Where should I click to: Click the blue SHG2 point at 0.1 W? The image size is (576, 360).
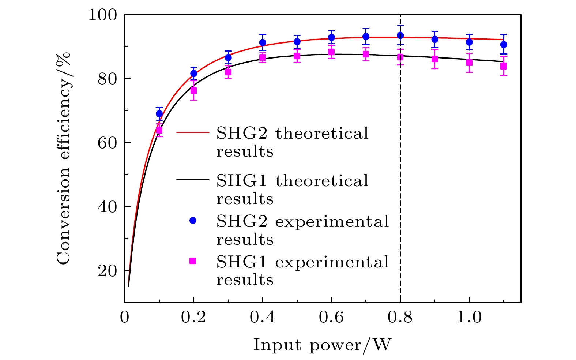[159, 114]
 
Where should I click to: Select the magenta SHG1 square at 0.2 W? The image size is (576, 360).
[193, 90]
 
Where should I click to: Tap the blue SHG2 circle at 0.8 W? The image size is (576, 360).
[400, 35]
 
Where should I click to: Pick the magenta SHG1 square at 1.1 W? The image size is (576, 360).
[504, 66]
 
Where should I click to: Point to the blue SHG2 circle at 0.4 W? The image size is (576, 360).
[263, 42]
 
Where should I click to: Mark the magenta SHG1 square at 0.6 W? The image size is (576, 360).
[331, 52]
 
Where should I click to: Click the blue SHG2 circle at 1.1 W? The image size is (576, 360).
[504, 44]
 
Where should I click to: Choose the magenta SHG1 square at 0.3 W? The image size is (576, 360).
[228, 72]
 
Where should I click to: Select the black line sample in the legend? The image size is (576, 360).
[193, 180]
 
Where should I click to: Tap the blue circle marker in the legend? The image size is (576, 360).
[193, 220]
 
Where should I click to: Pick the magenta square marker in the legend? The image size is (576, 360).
[193, 261]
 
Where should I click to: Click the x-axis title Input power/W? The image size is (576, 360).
[322, 345]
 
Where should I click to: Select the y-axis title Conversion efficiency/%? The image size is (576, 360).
[64, 158]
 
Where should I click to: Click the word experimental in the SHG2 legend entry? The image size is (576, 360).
[332, 222]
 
